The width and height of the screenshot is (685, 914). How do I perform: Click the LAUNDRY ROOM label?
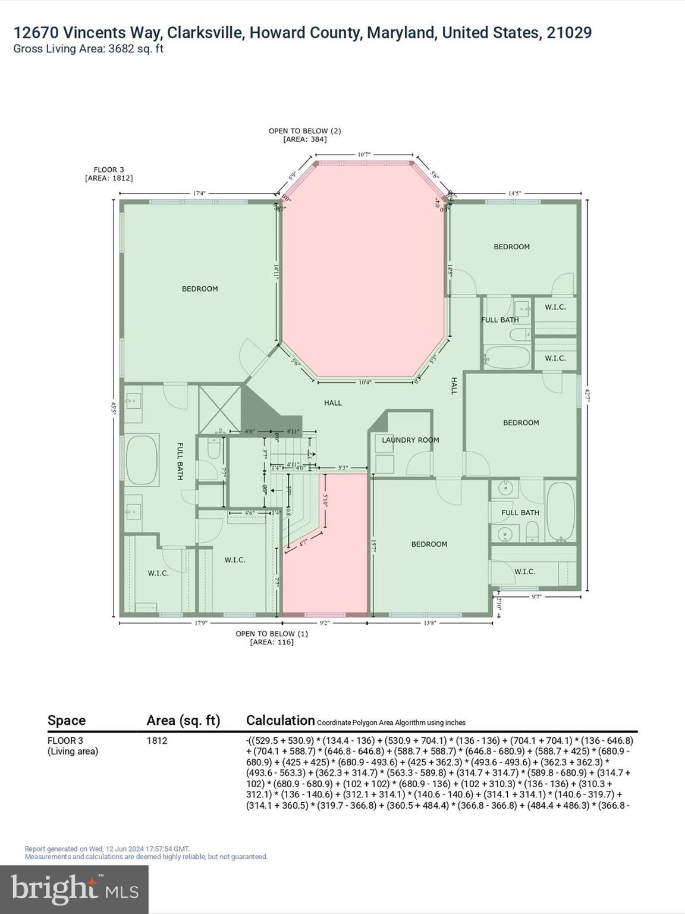(410, 440)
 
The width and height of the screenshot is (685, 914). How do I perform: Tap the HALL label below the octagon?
(333, 403)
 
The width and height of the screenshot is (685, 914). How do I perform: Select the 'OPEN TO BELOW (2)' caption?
(304, 135)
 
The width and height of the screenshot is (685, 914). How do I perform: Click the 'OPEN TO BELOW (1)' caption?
(272, 638)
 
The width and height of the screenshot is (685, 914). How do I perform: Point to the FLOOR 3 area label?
(109, 174)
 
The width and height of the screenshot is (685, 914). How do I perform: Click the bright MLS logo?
(74, 889)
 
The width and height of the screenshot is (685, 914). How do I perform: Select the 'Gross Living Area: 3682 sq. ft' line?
(88, 49)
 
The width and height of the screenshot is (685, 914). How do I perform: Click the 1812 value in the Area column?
(157, 741)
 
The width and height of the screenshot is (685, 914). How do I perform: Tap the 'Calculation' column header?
(280, 721)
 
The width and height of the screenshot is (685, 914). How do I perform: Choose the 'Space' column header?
(67, 721)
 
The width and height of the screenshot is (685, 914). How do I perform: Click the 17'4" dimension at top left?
(200, 193)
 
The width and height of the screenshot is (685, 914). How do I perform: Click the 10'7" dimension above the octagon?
(365, 155)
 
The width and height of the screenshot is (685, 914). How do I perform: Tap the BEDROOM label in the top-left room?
(200, 289)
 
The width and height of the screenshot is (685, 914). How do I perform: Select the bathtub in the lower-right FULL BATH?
(560, 511)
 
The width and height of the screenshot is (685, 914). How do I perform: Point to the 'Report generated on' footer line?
(107, 849)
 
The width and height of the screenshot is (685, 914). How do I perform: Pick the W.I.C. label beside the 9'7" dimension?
(524, 572)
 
